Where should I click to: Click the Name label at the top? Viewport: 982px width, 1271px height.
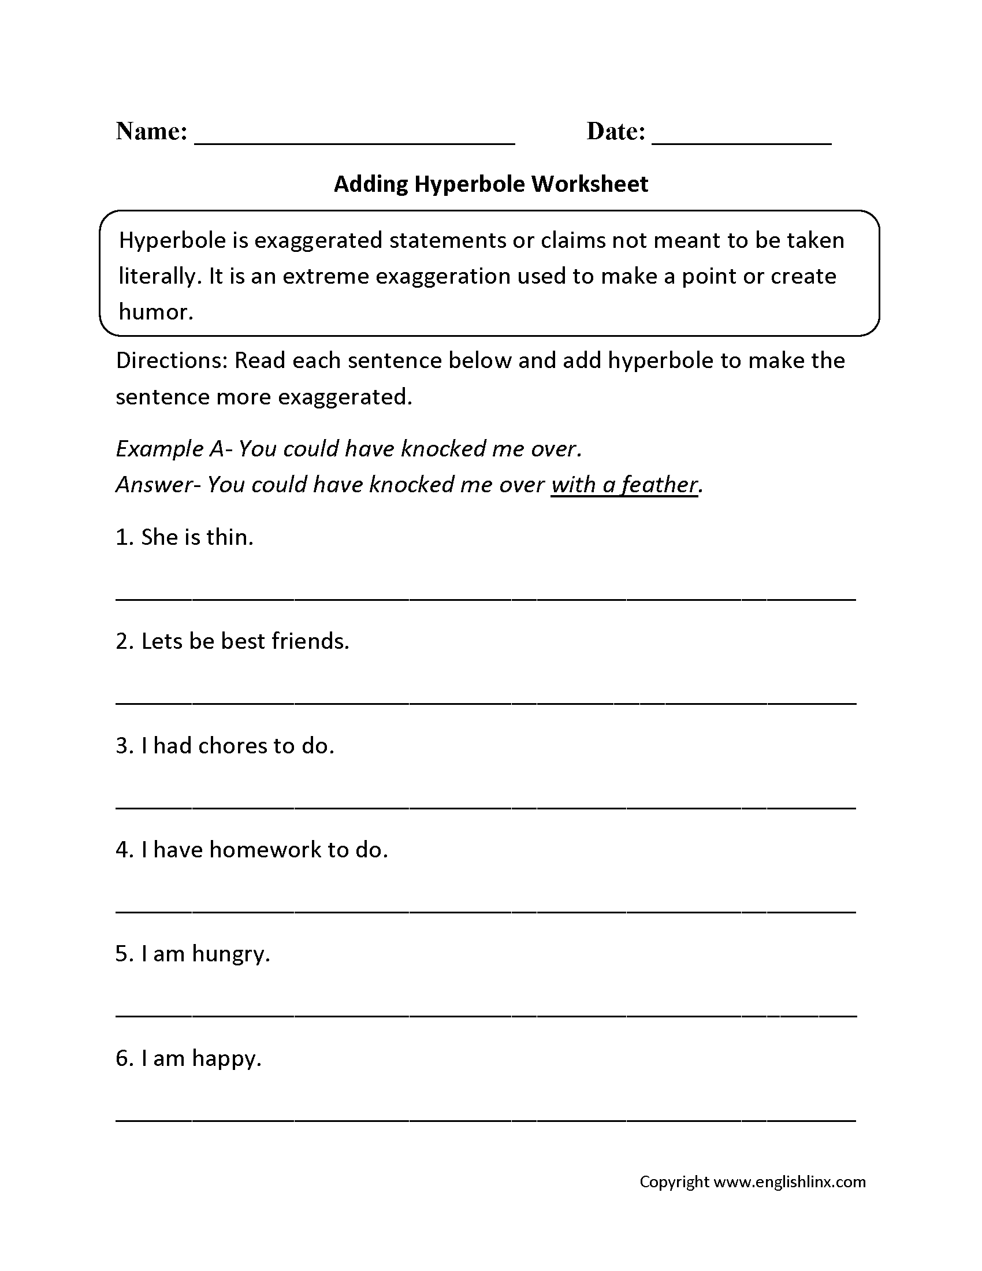pyautogui.click(x=151, y=132)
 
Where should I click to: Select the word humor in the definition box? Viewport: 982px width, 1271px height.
pyautogui.click(x=155, y=312)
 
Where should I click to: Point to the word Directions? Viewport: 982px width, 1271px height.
pyautogui.click(x=171, y=361)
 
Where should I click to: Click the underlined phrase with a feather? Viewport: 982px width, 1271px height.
pyautogui.click(x=624, y=485)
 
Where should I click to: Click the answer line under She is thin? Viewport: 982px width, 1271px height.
pyautogui.click(x=486, y=599)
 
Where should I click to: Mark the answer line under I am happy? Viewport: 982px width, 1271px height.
pyautogui.click(x=486, y=1120)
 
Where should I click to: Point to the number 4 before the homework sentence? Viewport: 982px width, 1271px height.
pyautogui.click(x=121, y=850)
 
